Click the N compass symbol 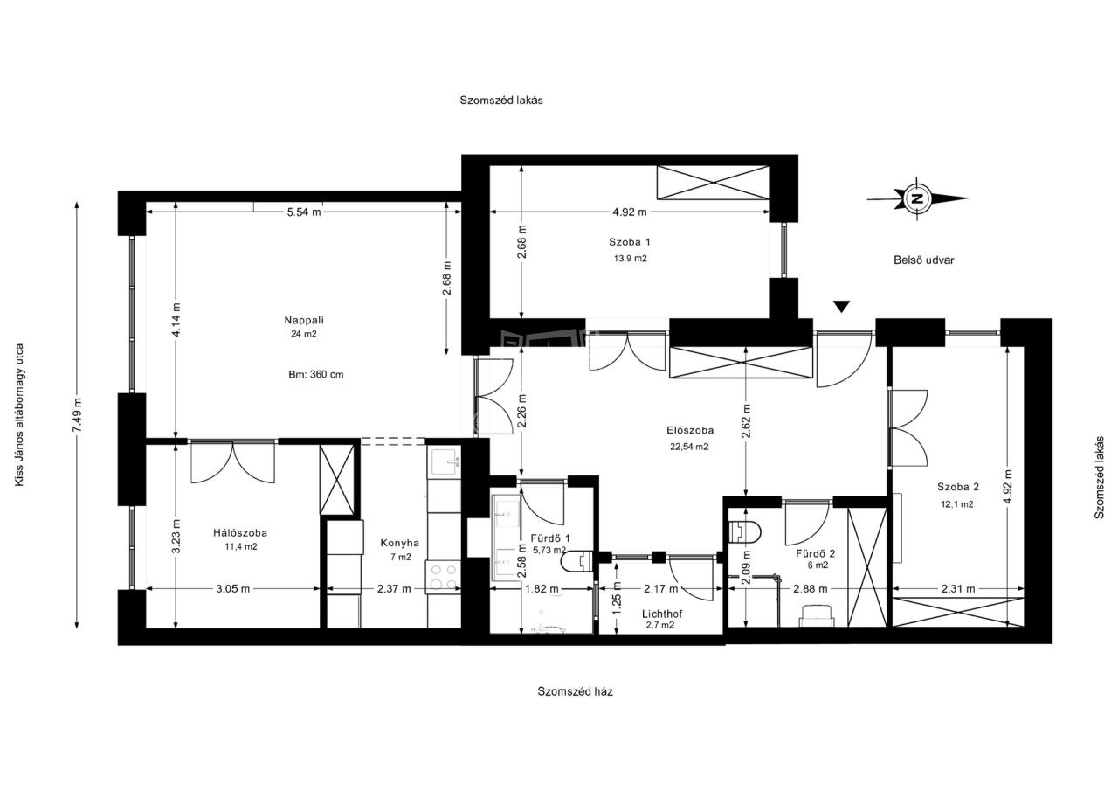click(x=917, y=198)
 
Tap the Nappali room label click(x=304, y=320)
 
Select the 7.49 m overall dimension click(x=78, y=415)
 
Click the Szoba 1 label click(x=630, y=242)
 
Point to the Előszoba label click(x=690, y=430)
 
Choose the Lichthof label click(x=662, y=614)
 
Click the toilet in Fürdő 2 click(x=744, y=532)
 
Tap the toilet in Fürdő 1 click(x=577, y=561)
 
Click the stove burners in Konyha click(x=443, y=577)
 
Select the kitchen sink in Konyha click(x=444, y=461)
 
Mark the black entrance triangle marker click(x=841, y=307)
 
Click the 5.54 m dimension click(x=303, y=212)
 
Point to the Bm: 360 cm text click(x=316, y=375)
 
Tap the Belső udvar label click(x=924, y=260)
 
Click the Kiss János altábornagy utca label click(x=19, y=414)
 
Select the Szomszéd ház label click(x=575, y=691)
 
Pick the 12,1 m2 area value click(x=956, y=504)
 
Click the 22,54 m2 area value click(x=689, y=447)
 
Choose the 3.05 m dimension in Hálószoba click(x=232, y=589)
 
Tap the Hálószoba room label click(x=240, y=533)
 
